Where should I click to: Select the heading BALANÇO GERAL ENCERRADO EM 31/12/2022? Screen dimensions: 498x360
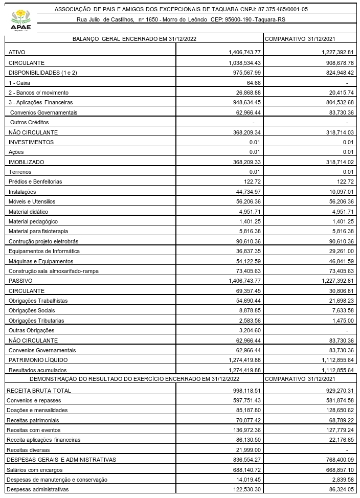[x=136, y=39]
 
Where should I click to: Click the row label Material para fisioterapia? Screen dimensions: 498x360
[x=38, y=231]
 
